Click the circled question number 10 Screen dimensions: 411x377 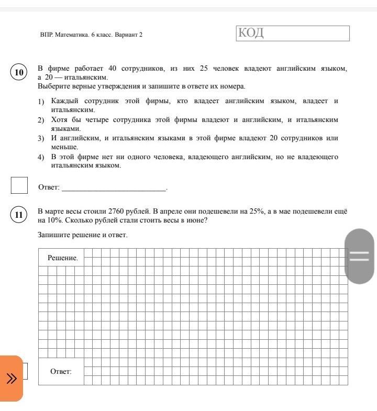click(19, 72)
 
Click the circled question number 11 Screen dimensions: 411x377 click(19, 215)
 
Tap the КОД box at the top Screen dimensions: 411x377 click(293, 34)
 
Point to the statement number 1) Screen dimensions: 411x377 click(41, 101)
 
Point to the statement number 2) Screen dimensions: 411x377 click(41, 120)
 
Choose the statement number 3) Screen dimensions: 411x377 click(41, 139)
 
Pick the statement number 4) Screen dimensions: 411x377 click(41, 157)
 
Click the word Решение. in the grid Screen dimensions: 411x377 click(62, 258)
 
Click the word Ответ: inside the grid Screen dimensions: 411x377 click(61, 372)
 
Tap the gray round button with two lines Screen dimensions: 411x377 click(360, 257)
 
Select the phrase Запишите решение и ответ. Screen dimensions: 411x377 click(82, 235)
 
